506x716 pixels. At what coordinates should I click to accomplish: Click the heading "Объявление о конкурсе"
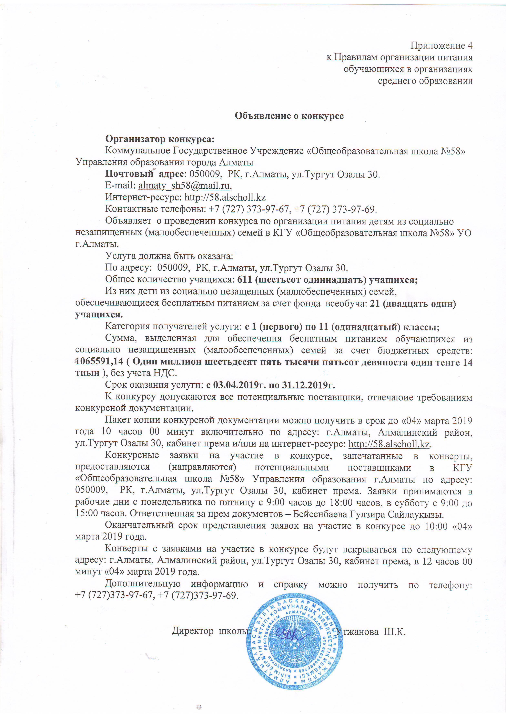tap(289, 116)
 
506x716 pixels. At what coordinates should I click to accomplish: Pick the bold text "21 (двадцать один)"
tap(413, 304)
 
